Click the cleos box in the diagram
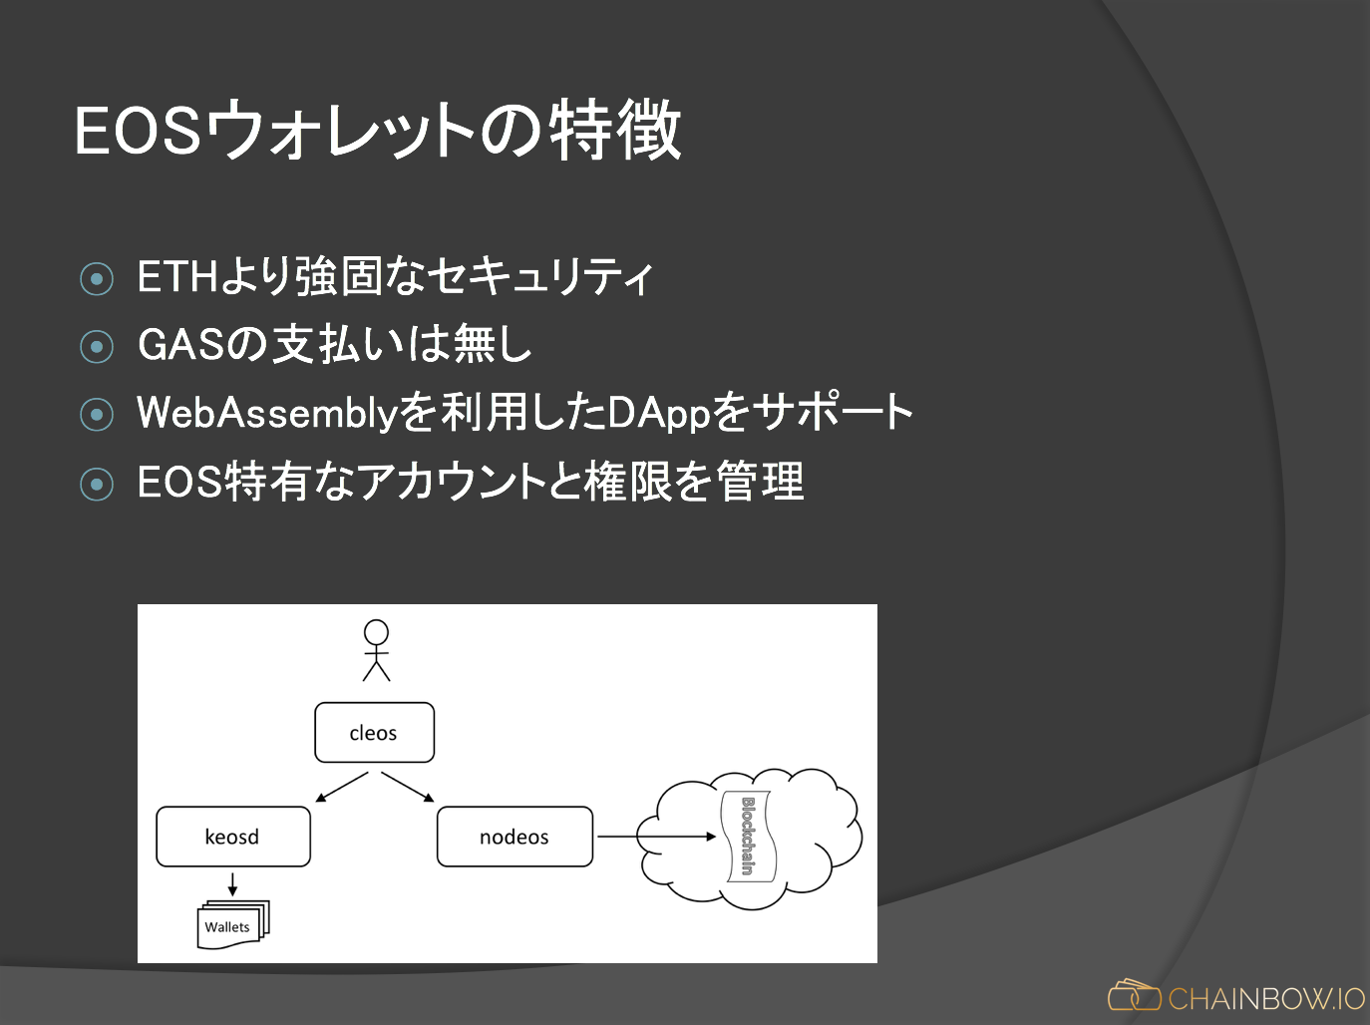(x=374, y=733)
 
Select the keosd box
(x=232, y=837)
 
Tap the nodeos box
(x=514, y=837)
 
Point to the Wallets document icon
(x=232, y=924)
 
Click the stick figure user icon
(x=376, y=650)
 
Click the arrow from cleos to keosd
(x=342, y=787)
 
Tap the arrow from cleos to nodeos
(x=408, y=787)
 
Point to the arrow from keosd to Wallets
(x=232, y=884)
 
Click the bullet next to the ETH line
(x=97, y=279)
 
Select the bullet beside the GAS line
(x=97, y=347)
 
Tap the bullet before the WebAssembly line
(x=97, y=414)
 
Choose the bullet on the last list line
(x=97, y=485)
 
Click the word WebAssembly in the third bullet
(x=267, y=413)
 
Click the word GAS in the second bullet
(x=181, y=345)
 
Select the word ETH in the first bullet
(x=177, y=277)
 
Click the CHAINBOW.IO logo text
(x=1266, y=998)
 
